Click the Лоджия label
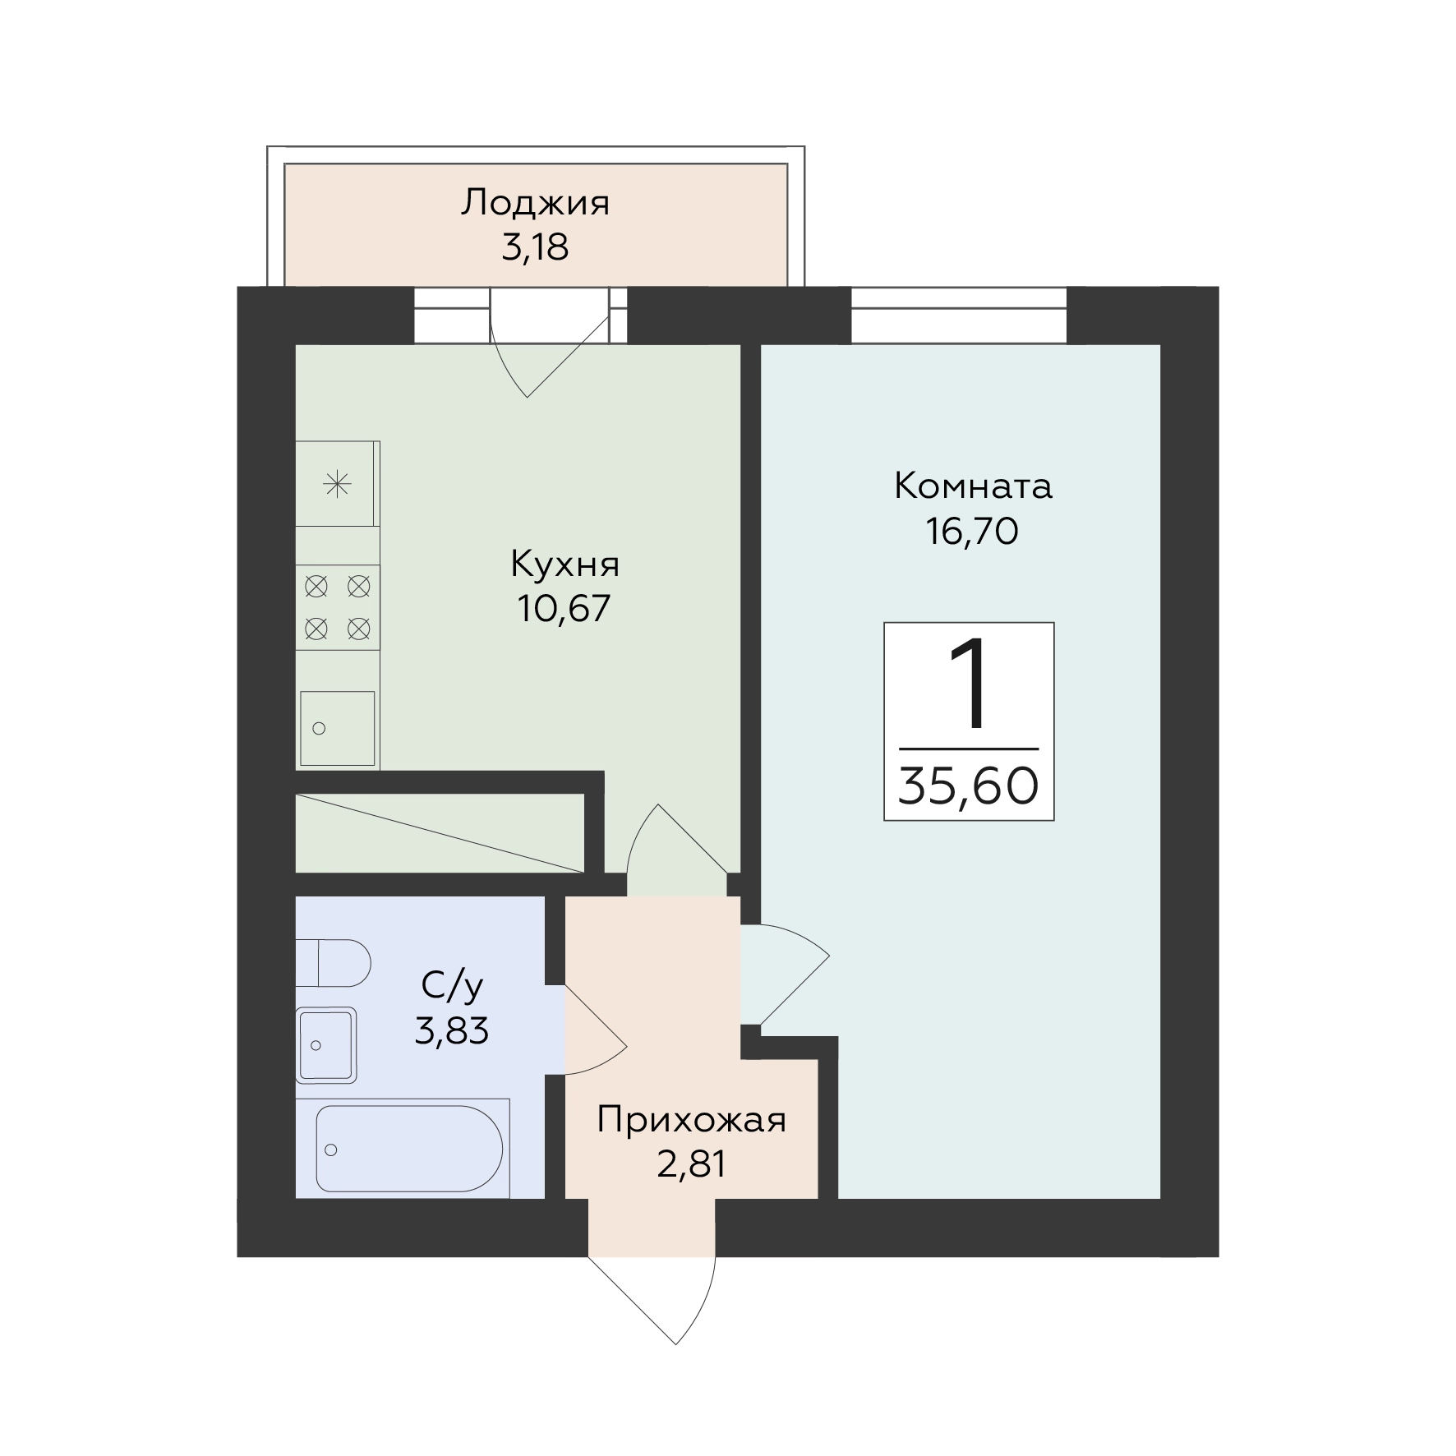tap(535, 204)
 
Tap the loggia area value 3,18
tap(535, 247)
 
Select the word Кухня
tap(564, 565)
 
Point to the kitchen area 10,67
tap(564, 608)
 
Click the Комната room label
tap(973, 486)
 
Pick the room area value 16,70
tap(973, 531)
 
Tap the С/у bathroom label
tap(451, 986)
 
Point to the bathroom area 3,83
tap(451, 1030)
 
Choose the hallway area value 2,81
tap(692, 1164)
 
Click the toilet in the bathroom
tap(333, 963)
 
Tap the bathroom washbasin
tap(326, 1045)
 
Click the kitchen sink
tap(337, 729)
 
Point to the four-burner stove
tap(337, 608)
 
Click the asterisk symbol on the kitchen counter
tap(337, 485)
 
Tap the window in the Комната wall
tap(959, 316)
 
